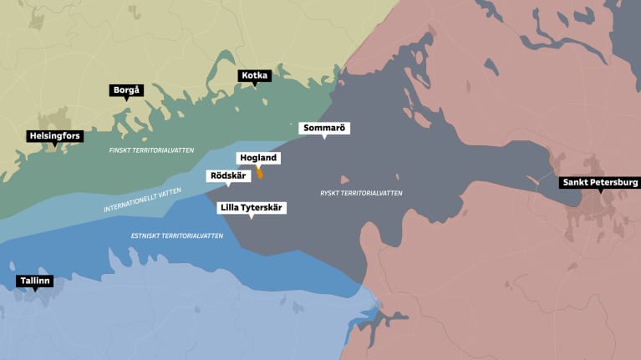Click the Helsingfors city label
pos(55,135)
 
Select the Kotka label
pos(254,75)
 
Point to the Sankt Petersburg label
pos(600,181)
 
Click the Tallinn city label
pos(34,281)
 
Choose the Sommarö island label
pos(324,128)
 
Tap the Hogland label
pos(258,158)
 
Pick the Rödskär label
pos(228,175)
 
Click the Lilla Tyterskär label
pos(252,207)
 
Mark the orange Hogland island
pos(260,173)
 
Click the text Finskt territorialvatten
pos(151,150)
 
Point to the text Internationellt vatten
pos(142,199)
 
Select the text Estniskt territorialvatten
pos(177,236)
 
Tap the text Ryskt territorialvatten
pos(361,193)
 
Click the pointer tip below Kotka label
pos(254,85)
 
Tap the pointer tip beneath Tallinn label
pos(34,291)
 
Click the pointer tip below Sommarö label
pos(324,138)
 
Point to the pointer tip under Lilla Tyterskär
pos(252,217)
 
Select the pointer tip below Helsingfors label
pos(55,145)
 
